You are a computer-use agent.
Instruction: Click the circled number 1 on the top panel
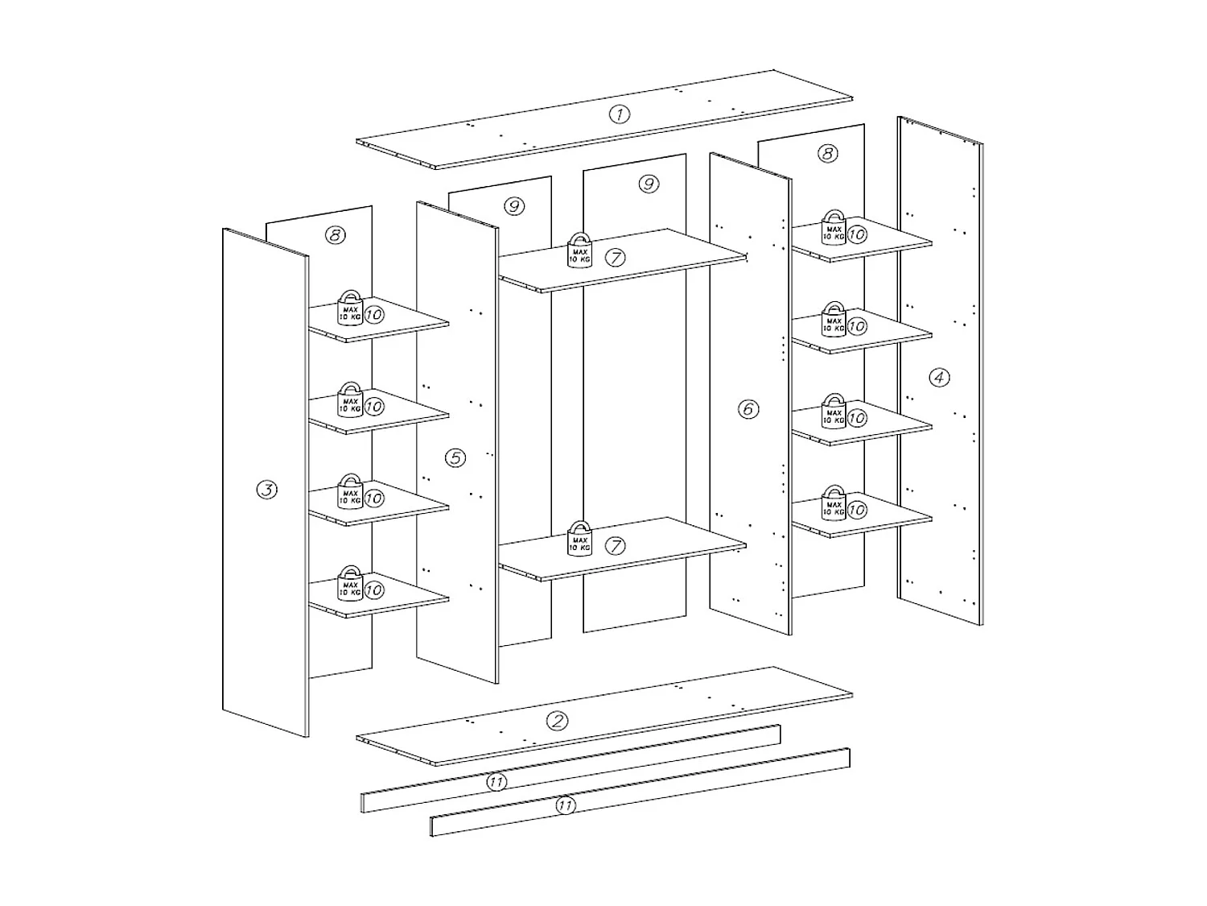pyautogui.click(x=619, y=114)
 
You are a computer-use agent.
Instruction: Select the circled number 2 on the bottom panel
pyautogui.click(x=557, y=721)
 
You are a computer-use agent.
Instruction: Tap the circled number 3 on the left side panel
pyautogui.click(x=266, y=489)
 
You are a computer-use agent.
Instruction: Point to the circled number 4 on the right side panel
pyautogui.click(x=939, y=377)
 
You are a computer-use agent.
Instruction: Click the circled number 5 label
pyautogui.click(x=455, y=457)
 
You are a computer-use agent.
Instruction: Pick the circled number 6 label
pyautogui.click(x=748, y=409)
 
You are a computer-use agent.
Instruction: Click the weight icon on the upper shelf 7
pyautogui.click(x=579, y=250)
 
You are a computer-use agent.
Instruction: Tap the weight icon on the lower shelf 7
pyautogui.click(x=579, y=539)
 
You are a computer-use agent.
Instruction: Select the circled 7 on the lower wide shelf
pyautogui.click(x=615, y=546)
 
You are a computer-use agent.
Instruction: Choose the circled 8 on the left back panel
pyautogui.click(x=335, y=235)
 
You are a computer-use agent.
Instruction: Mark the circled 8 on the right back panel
pyautogui.click(x=827, y=153)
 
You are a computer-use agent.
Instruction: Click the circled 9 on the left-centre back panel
pyautogui.click(x=514, y=206)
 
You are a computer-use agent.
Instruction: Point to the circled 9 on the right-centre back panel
pyautogui.click(x=649, y=184)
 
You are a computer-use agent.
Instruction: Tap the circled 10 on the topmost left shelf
pyautogui.click(x=373, y=314)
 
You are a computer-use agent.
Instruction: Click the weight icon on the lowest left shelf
pyautogui.click(x=349, y=583)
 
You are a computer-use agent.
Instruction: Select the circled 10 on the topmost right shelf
pyautogui.click(x=857, y=234)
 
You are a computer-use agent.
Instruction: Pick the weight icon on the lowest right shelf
pyautogui.click(x=834, y=503)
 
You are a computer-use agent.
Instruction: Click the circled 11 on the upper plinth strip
pyautogui.click(x=496, y=782)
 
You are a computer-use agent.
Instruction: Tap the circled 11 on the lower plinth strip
pyautogui.click(x=566, y=805)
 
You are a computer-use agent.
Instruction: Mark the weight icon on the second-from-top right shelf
pyautogui.click(x=834, y=320)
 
